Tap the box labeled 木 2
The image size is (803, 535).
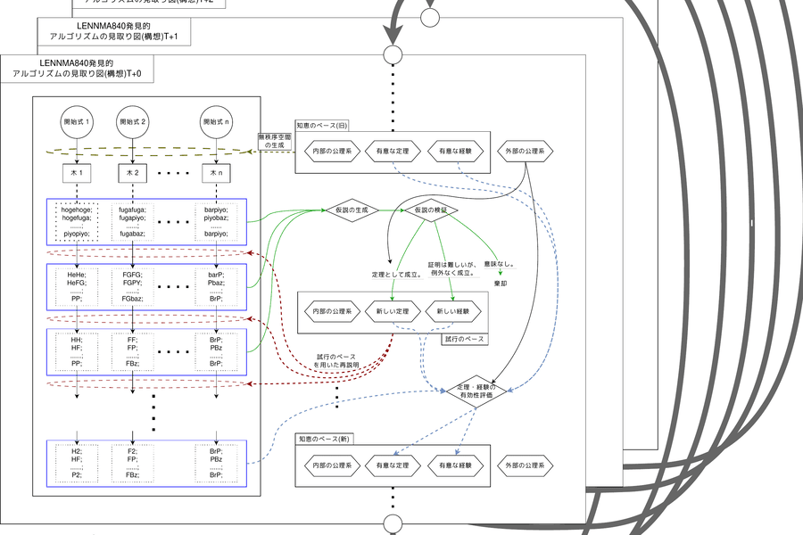pyautogui.click(x=132, y=171)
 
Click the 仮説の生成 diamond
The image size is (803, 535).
pyautogui.click(x=352, y=210)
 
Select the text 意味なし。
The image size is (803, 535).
pyautogui.click(x=501, y=264)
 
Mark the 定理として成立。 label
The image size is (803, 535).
pyautogui.click(x=395, y=274)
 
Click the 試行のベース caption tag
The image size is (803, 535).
pyautogui.click(x=462, y=340)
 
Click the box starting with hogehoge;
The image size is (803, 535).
pyautogui.click(x=77, y=220)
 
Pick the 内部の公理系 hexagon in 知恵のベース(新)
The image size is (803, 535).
pyautogui.click(x=332, y=465)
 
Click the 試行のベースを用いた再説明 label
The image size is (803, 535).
pyautogui.click(x=335, y=361)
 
